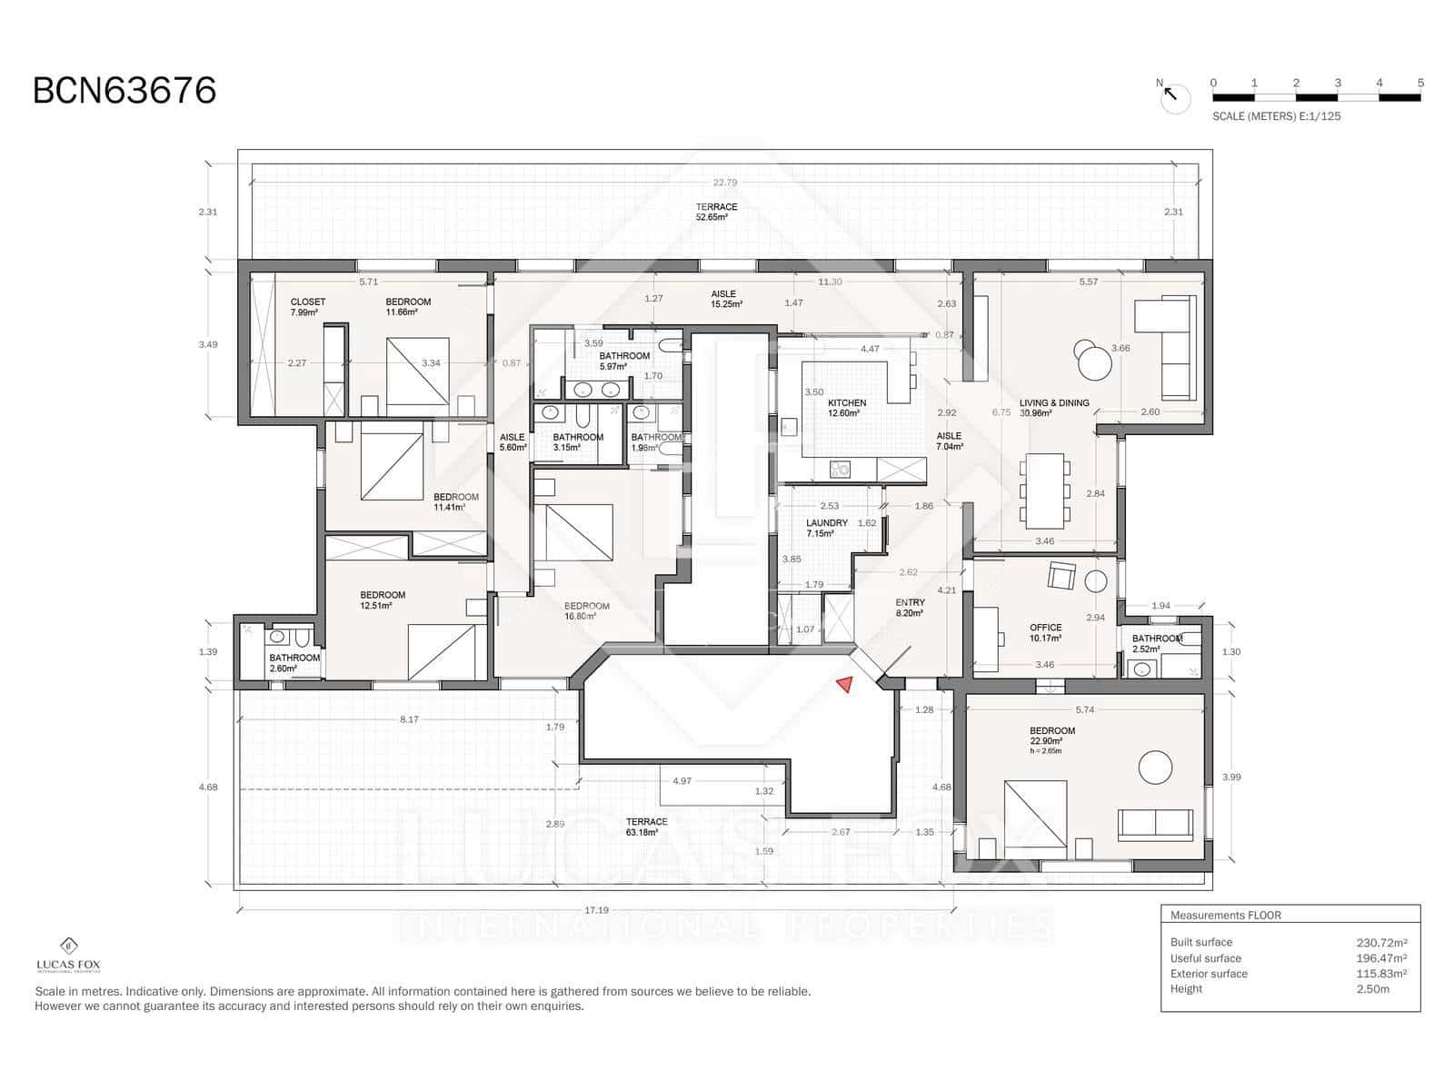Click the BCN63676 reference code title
coord(124,91)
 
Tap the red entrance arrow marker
coord(845,685)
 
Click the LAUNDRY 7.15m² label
coord(826,528)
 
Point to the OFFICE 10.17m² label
coord(1045,632)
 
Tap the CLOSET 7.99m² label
coord(307,306)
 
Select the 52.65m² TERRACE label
coord(716,212)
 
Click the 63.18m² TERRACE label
coord(646,827)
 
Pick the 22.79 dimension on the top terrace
coord(724,183)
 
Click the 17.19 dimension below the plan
coord(596,910)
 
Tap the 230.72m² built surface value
coord(1380,943)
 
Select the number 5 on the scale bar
coord(1420,83)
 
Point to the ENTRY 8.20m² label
coord(910,608)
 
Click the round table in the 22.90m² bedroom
coord(1156,768)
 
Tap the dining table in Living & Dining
coord(1045,490)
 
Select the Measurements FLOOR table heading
coord(1225,916)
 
